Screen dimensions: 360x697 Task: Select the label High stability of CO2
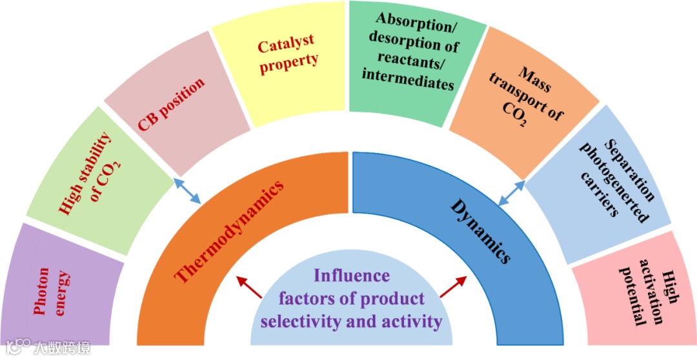pyautogui.click(x=90, y=174)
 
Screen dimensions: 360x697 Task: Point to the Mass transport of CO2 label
pyautogui.click(x=523, y=97)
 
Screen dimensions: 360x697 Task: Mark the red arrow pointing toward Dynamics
pyautogui.click(x=453, y=287)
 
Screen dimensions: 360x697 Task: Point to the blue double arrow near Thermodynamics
pyautogui.click(x=188, y=192)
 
